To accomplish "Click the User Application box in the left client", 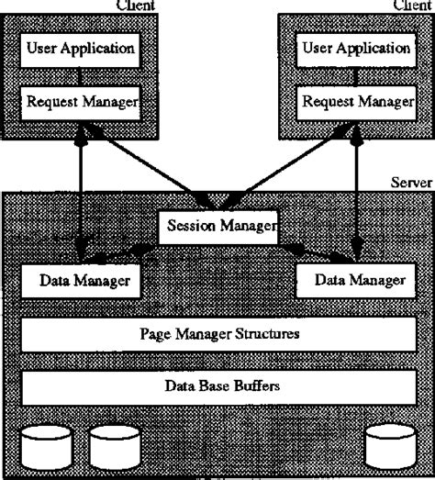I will [x=81, y=46].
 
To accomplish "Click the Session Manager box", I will [x=217, y=227].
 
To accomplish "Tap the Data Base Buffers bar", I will [x=217, y=386].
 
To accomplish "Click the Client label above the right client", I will [x=411, y=6].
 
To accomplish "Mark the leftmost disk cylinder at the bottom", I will [x=46, y=446].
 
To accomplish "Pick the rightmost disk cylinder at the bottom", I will [x=388, y=446].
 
